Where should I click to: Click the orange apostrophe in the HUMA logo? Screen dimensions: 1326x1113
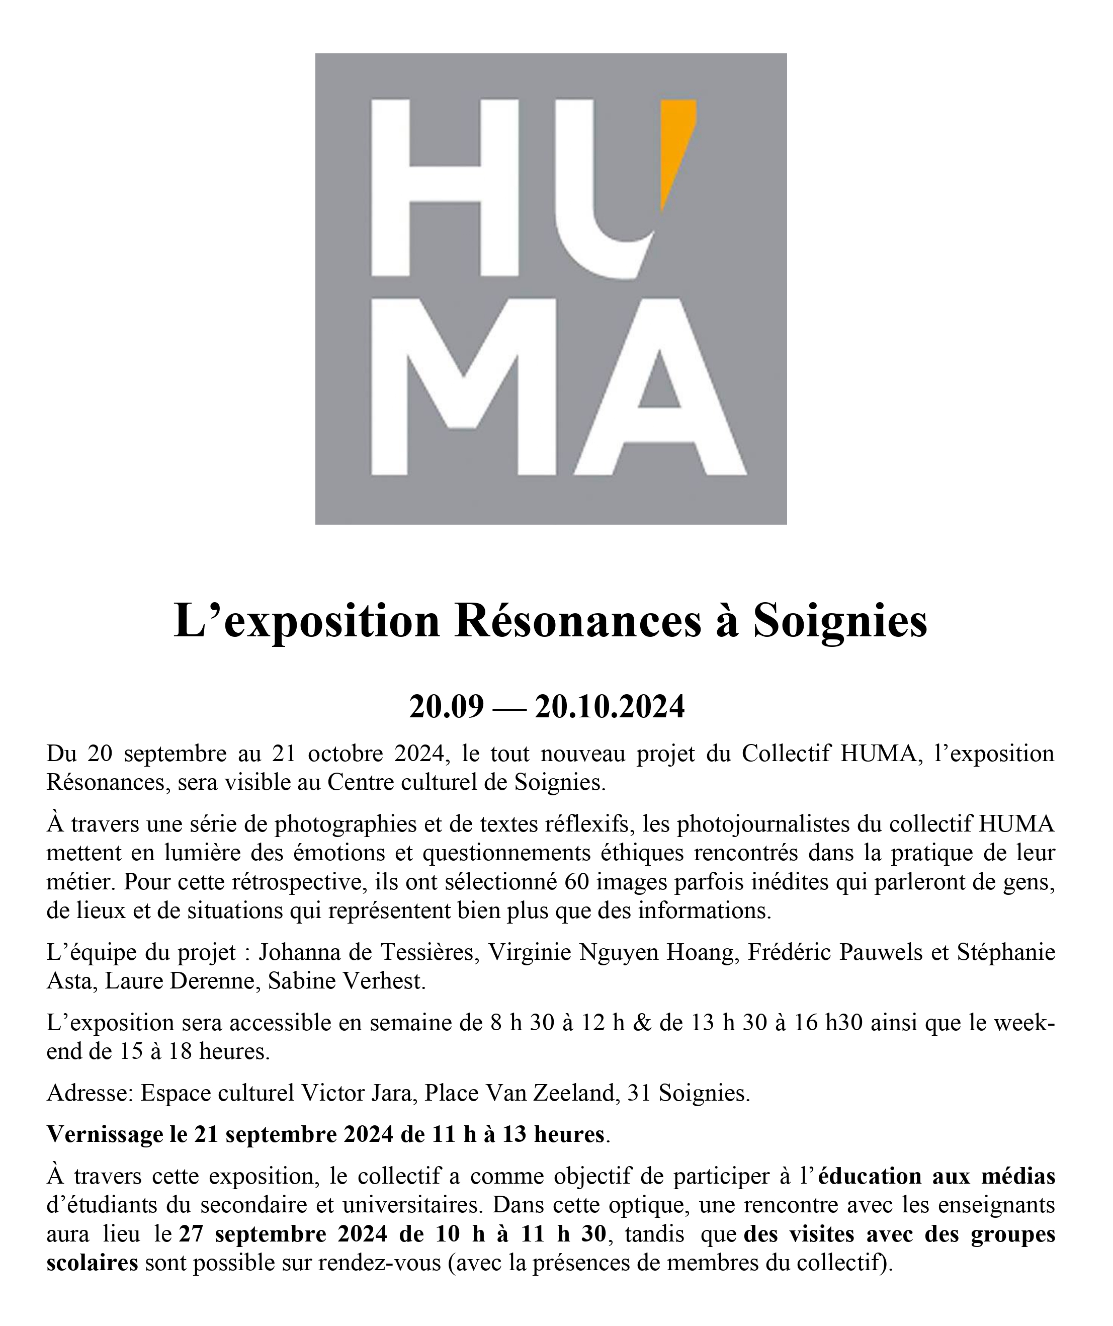677,151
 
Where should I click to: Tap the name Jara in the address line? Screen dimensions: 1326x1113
391,1093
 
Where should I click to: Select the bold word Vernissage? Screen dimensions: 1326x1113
105,1135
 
